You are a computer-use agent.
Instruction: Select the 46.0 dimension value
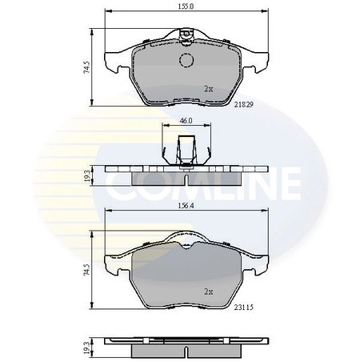click(x=186, y=121)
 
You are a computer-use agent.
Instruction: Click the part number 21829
click(x=243, y=105)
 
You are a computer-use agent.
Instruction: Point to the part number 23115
click(x=244, y=308)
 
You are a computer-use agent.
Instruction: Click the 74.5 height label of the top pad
click(x=87, y=67)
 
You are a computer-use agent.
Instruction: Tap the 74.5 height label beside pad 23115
click(x=87, y=270)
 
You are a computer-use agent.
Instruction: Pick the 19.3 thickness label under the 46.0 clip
click(x=87, y=176)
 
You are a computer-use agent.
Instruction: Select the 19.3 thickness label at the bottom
click(x=87, y=347)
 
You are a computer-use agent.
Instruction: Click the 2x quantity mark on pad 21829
click(x=209, y=89)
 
